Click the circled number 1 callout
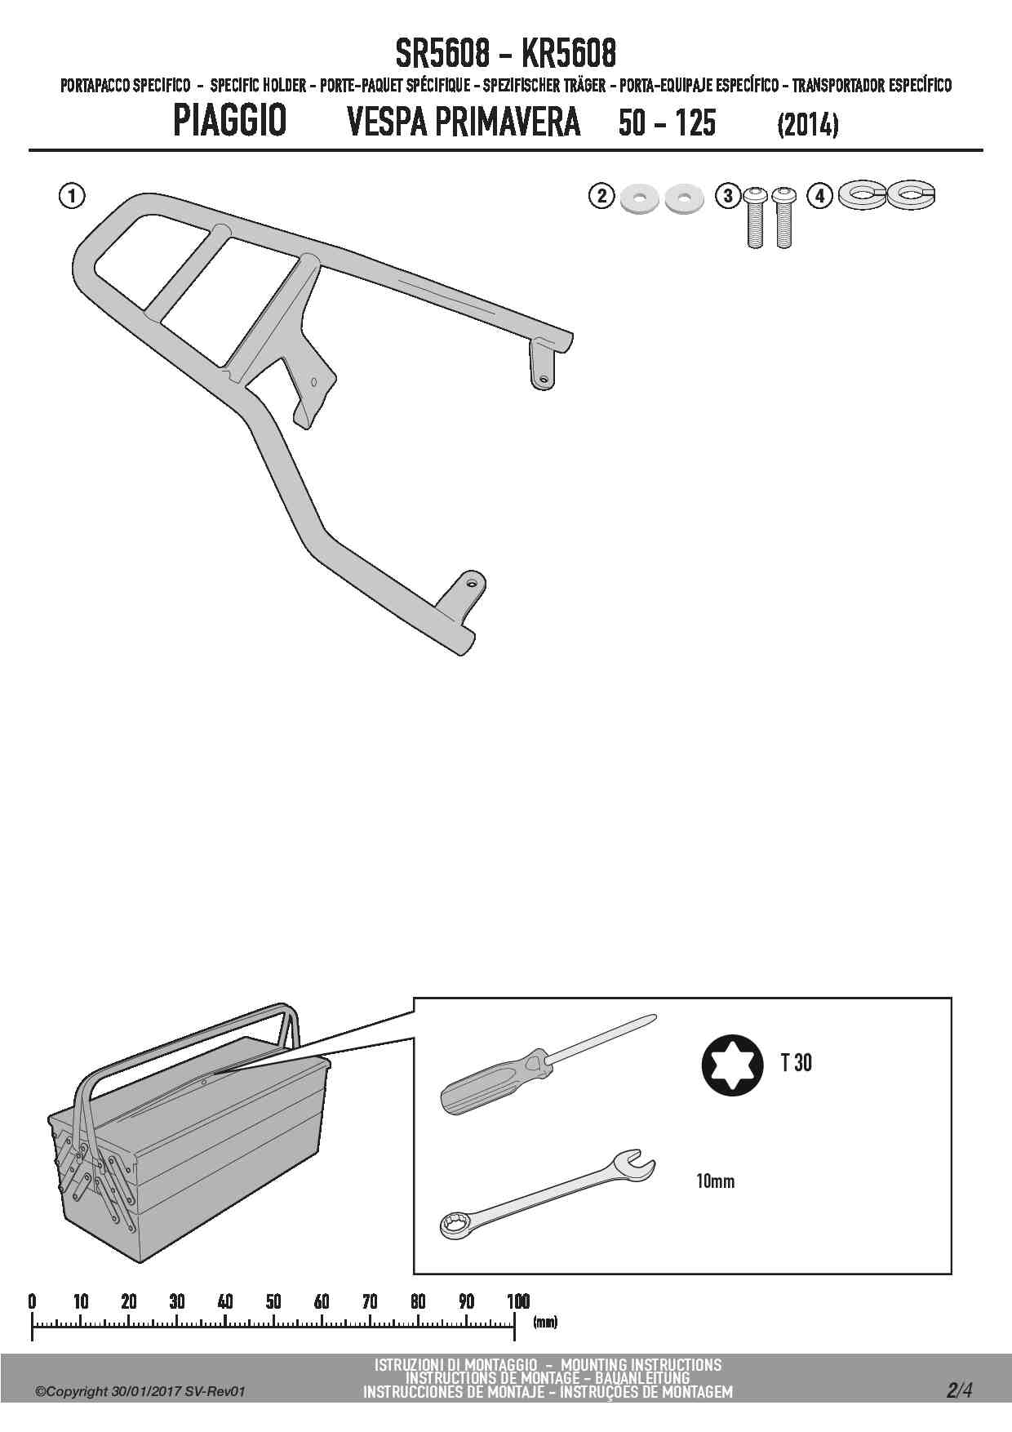72,196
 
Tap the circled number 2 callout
601,196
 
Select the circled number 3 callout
727,196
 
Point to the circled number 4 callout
820,196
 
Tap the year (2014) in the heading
808,124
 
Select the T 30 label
796,1063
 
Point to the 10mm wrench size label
715,1181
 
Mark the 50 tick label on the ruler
273,1301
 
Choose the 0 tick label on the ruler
32,1301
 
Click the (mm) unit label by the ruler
545,1322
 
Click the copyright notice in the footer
140,1392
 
